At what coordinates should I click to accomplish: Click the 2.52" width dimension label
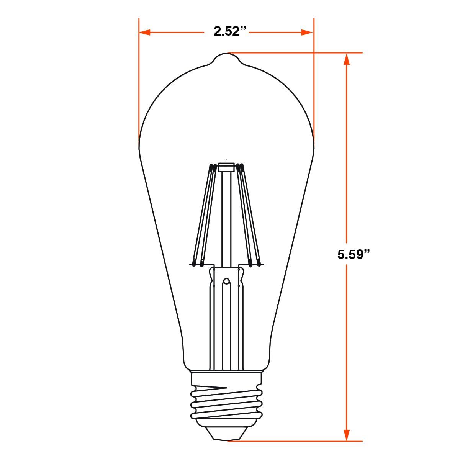click(226, 31)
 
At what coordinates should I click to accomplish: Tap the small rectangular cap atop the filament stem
click(226, 167)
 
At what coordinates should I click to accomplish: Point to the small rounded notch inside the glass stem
click(226, 282)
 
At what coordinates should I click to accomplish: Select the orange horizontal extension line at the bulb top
click(295, 53)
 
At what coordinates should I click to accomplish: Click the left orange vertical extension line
click(139, 77)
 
